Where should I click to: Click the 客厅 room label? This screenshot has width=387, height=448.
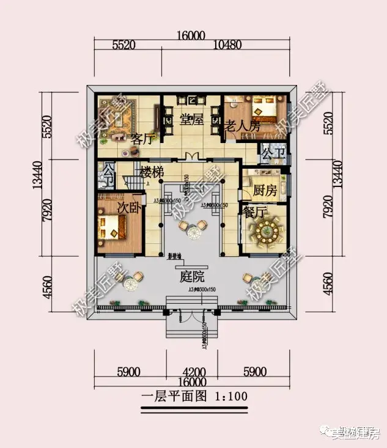[x=141, y=139]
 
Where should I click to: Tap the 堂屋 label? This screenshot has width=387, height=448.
[x=191, y=120]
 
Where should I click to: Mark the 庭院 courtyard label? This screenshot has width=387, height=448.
[x=191, y=276]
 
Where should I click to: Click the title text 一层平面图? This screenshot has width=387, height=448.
[x=175, y=396]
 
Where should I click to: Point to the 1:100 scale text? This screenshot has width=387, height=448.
[x=232, y=396]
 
